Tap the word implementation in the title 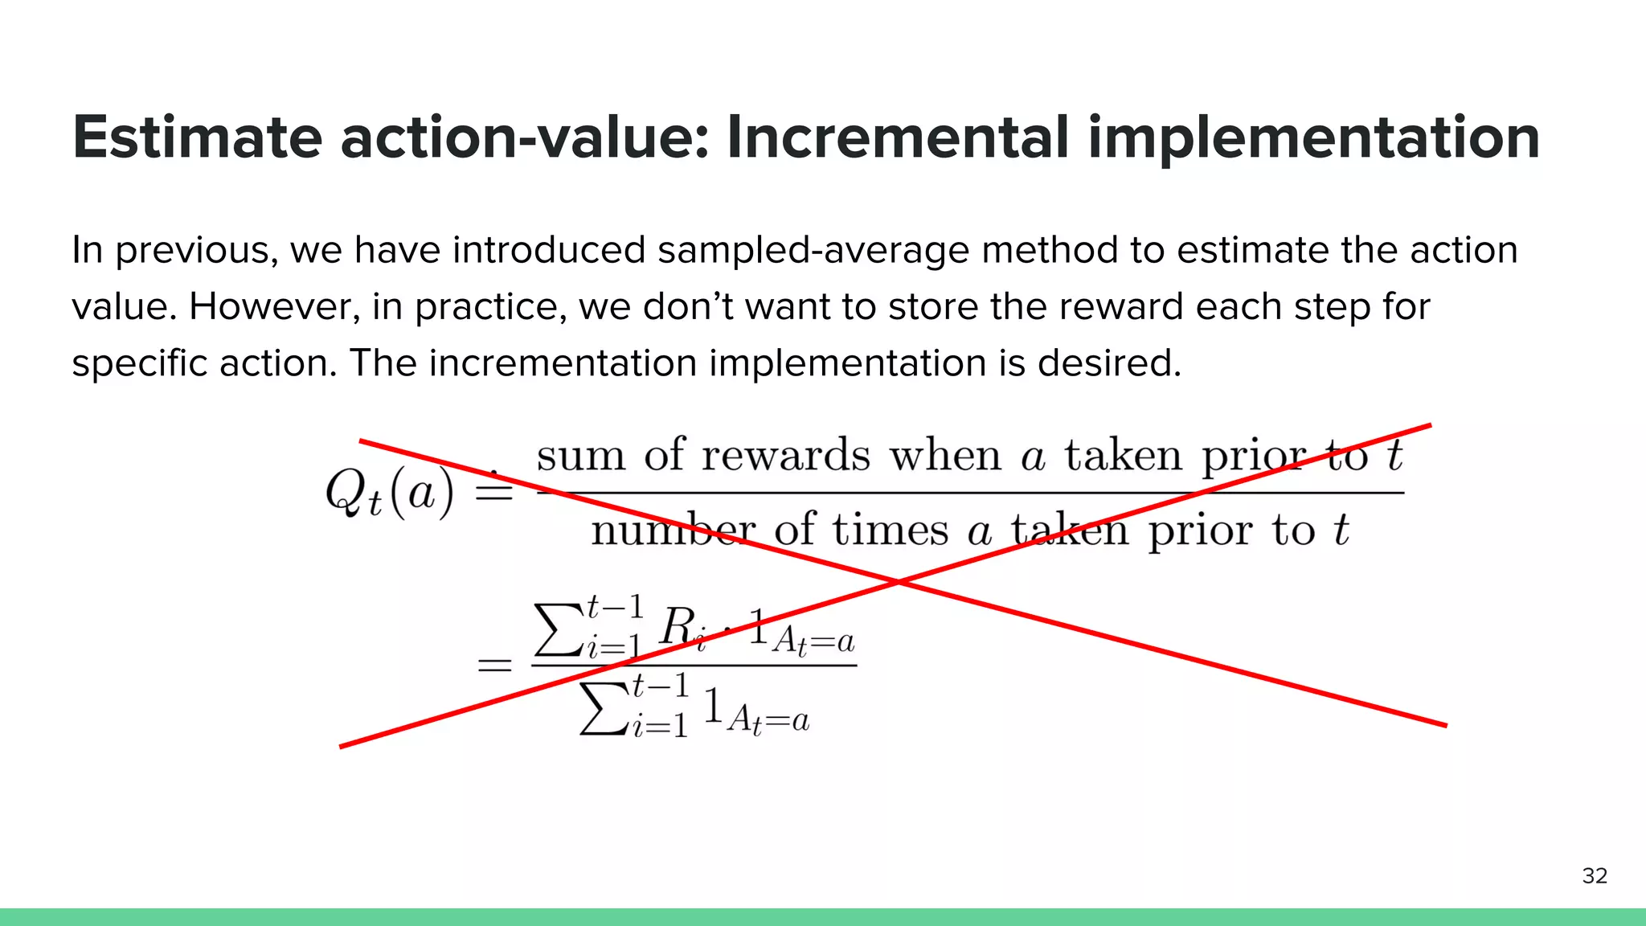tap(1314, 138)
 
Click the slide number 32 tap(1595, 875)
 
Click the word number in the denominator tap(674, 531)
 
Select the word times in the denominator tap(891, 531)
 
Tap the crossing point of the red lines tap(899, 580)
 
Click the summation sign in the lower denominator tap(603, 709)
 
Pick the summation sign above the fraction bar tap(559, 631)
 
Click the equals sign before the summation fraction tap(494, 666)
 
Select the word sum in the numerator tap(580, 456)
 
